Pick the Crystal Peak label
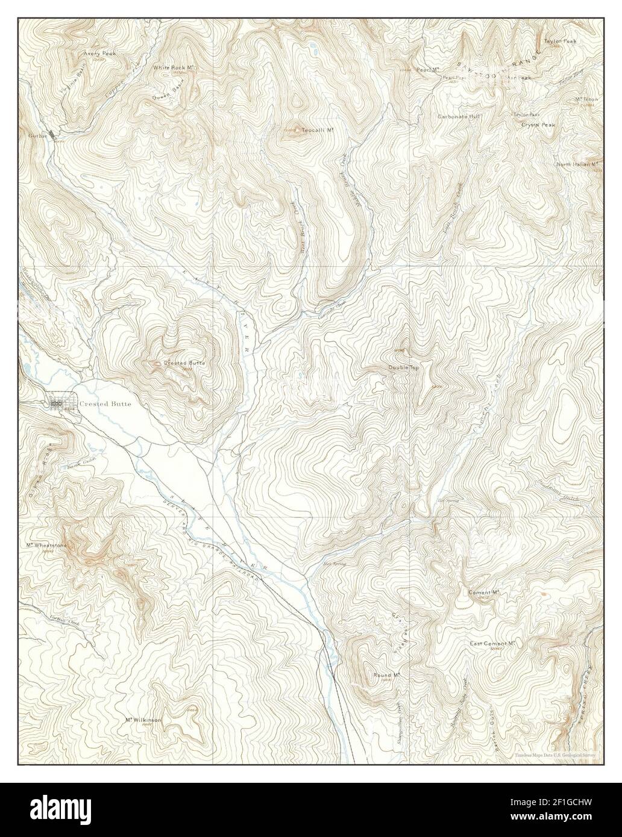pos(538,125)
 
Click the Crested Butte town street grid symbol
pos(60,403)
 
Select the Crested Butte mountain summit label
pos(184,364)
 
